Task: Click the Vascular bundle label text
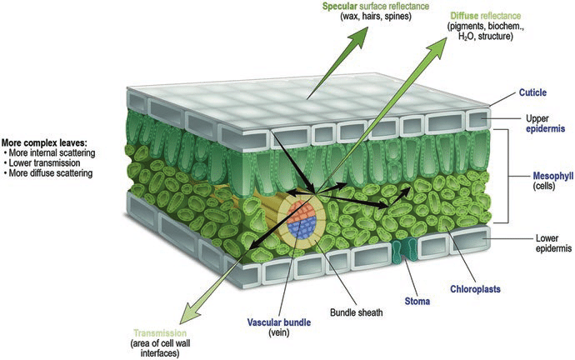coord(274,322)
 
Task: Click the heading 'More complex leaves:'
coord(47,142)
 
